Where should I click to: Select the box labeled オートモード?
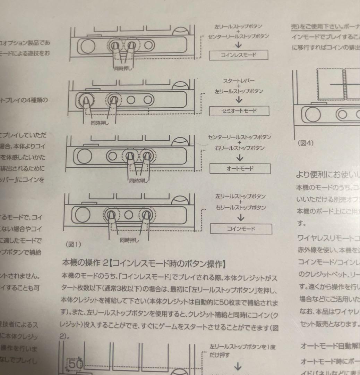(240, 169)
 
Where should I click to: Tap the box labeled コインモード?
(241, 229)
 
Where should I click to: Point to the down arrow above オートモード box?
(240, 158)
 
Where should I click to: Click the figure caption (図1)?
(73, 244)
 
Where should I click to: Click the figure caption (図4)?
(305, 143)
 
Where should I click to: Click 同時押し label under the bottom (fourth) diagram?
(129, 240)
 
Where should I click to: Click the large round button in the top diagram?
(87, 45)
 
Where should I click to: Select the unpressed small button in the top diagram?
(148, 45)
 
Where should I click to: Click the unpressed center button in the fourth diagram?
(129, 215)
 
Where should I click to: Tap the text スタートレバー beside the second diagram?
(239, 81)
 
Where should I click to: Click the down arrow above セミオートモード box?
(239, 100)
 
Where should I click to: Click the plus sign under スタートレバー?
(239, 86)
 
